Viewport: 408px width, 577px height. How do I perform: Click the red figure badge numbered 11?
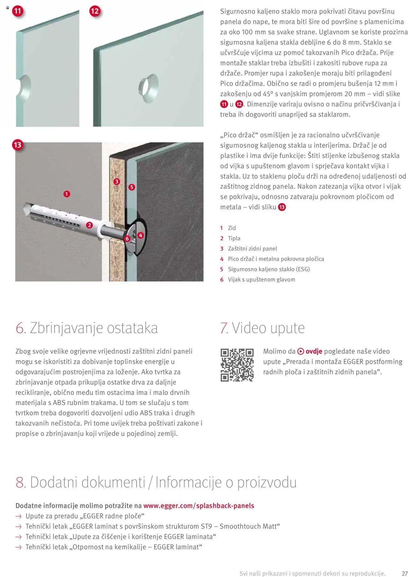18,11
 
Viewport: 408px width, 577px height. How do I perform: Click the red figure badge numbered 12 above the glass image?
95,11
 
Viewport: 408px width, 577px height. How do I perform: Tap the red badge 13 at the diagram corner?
17,145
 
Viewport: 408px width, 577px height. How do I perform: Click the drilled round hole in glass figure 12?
149,88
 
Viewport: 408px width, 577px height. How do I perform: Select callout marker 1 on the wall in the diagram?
66,194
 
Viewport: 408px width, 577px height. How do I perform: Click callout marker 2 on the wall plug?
89,225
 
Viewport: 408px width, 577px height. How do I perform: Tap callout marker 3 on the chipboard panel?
117,181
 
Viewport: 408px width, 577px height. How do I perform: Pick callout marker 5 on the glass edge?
131,187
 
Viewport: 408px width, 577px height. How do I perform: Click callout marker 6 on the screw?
127,238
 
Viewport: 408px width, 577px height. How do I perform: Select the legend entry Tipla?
234,238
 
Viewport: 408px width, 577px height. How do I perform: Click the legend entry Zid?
232,228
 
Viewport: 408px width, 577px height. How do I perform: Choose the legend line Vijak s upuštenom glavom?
261,280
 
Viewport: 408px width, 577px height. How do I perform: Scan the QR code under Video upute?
237,365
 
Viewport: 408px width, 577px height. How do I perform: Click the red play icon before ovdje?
301,351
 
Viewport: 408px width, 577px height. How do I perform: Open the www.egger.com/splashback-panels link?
199,506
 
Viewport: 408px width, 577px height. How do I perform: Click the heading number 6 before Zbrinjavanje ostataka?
20,328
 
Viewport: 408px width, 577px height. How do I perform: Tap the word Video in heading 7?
249,328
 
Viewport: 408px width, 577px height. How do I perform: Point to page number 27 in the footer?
404,573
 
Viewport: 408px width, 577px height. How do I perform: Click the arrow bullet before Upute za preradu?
19,516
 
